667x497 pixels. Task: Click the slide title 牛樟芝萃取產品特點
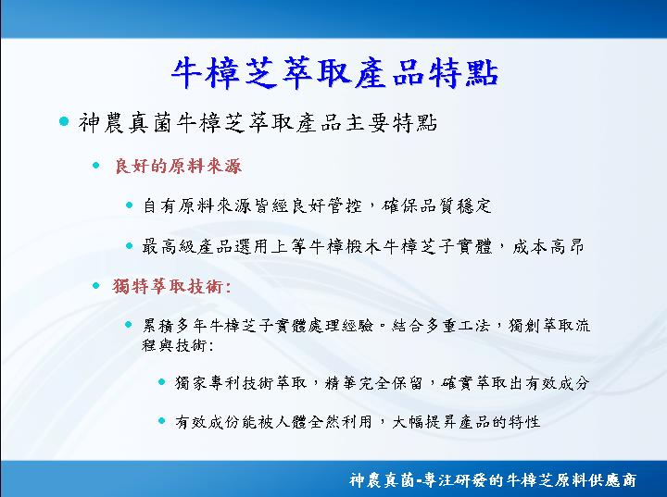tap(334, 73)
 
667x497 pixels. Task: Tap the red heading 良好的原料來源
tap(178, 166)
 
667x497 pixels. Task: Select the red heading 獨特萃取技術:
tap(172, 286)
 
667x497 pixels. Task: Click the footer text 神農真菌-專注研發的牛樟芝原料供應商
tap(493, 480)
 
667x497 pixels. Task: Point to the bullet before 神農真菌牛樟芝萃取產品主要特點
tap(64, 121)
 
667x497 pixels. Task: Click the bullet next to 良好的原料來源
tap(96, 166)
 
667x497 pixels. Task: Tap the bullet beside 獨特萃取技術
tap(96, 286)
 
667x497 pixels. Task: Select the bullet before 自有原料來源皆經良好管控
tap(130, 205)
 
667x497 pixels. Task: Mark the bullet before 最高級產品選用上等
tap(130, 245)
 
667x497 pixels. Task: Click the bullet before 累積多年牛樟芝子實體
tap(129, 325)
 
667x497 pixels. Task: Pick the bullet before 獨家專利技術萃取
tap(161, 382)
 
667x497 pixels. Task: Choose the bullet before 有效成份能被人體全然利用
tap(161, 421)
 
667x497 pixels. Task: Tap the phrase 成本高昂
tap(548, 246)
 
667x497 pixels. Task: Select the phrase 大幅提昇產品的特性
tap(466, 422)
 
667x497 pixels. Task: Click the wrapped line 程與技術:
tap(177, 345)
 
